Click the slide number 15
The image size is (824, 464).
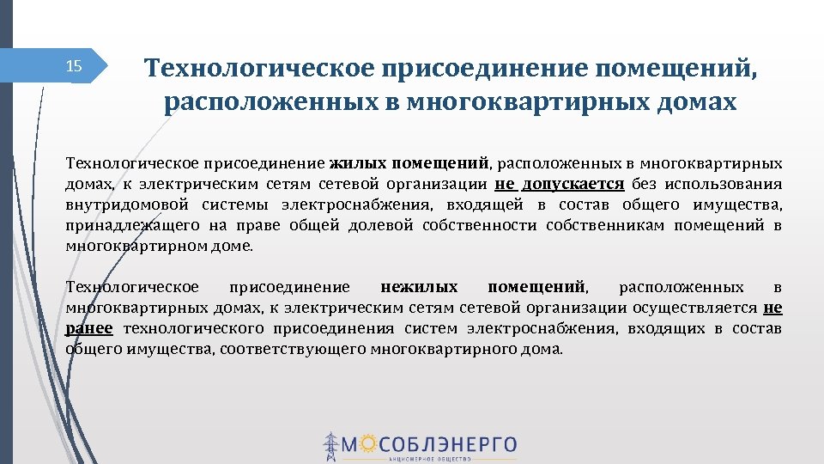click(x=74, y=66)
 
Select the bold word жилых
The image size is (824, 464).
click(x=358, y=162)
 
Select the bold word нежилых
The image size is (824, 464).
click(x=419, y=286)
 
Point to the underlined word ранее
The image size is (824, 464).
click(x=89, y=328)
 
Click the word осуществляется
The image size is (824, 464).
click(x=694, y=308)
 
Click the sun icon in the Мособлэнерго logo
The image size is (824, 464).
click(x=367, y=443)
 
